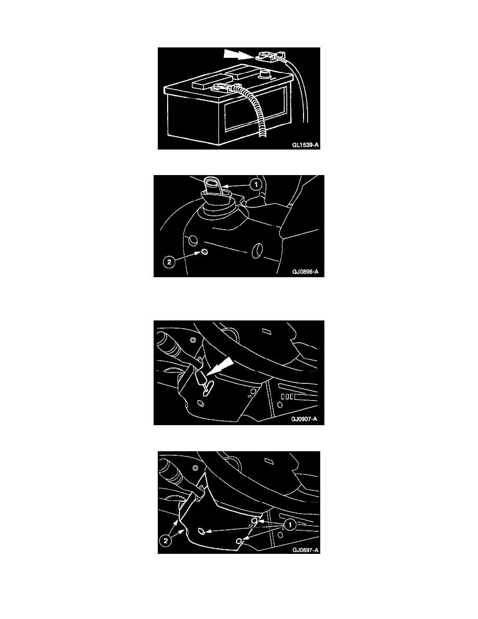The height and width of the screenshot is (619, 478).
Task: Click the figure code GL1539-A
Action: tap(305, 145)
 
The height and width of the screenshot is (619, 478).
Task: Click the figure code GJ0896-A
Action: tap(305, 272)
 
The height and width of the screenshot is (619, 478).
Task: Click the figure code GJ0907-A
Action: tap(304, 419)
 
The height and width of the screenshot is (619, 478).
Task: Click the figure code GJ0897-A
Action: tap(306, 550)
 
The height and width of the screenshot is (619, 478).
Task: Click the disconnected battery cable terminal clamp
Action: tap(269, 56)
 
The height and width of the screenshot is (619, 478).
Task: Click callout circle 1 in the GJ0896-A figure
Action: tap(256, 184)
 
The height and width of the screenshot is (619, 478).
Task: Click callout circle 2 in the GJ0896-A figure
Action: tap(169, 262)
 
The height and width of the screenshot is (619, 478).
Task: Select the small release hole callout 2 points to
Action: tap(204, 252)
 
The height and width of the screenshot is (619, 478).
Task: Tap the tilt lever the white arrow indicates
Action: tap(202, 380)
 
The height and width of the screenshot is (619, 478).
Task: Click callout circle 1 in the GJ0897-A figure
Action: tap(290, 525)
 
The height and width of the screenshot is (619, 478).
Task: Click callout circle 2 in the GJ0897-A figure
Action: tap(165, 541)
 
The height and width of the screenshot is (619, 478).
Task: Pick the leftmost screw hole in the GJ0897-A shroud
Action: tap(203, 532)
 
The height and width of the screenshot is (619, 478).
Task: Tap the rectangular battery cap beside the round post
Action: tap(205, 84)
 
